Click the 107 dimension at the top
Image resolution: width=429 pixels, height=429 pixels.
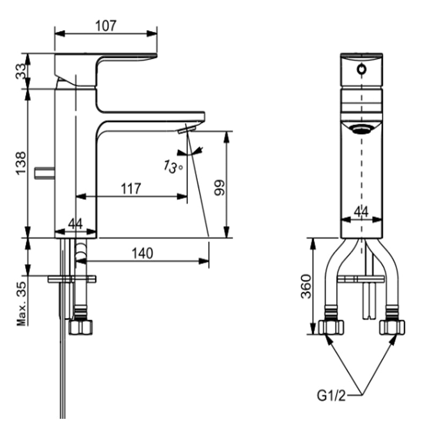coord(106,25)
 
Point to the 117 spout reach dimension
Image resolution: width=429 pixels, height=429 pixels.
coord(130,189)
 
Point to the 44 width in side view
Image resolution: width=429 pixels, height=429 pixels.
coord(76,224)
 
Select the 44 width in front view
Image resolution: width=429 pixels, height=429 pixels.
coord(361,212)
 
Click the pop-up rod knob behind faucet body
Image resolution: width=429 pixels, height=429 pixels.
coord(44,172)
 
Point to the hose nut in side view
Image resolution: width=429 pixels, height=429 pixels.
coord(81,326)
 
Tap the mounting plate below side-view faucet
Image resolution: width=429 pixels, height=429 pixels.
coord(71,279)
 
